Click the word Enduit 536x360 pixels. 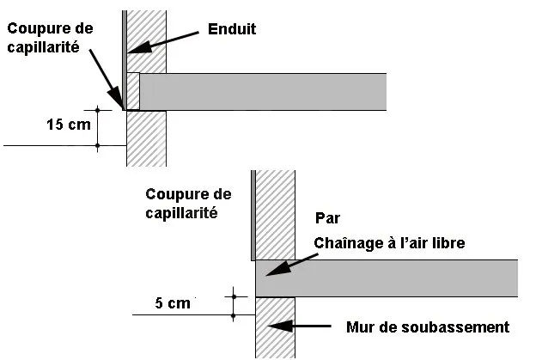point(232,29)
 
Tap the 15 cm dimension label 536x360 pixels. point(66,125)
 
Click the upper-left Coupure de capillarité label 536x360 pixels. point(50,38)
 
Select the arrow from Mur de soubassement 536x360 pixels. point(295,327)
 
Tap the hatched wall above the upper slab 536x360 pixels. point(149,39)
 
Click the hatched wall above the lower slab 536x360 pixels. point(275,215)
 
